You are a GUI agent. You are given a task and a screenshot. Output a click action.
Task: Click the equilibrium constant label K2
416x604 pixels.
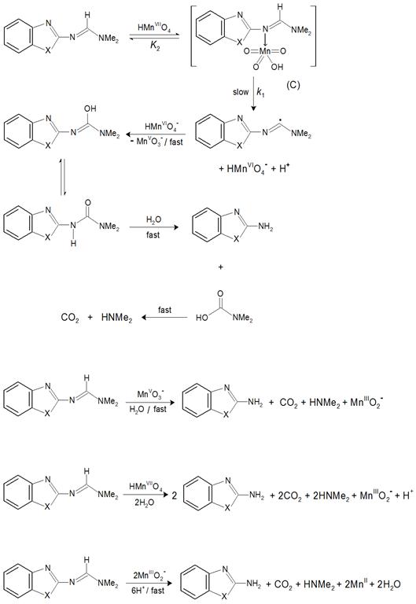tap(155, 47)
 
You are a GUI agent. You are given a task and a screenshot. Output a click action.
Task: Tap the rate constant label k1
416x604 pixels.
tap(260, 93)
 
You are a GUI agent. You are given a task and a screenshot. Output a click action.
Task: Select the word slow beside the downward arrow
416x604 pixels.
tap(241, 92)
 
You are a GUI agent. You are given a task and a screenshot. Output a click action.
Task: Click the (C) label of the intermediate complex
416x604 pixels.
tap(293, 85)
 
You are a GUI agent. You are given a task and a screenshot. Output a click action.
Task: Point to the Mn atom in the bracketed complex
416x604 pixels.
tap(265, 51)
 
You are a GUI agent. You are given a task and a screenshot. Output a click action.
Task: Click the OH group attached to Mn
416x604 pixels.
tap(277, 67)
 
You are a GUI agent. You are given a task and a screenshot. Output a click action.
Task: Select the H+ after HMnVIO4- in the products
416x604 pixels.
tap(284, 168)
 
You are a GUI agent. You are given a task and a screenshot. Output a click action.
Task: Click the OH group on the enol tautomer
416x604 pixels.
tap(90, 109)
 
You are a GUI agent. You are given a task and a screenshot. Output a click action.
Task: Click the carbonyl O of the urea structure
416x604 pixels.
tap(88, 203)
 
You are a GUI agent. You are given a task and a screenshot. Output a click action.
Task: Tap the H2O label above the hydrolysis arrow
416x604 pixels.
tap(153, 220)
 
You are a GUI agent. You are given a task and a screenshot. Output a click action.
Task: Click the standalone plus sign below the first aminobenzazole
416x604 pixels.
tap(220, 267)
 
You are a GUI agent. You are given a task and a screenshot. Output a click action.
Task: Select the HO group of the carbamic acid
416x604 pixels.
tap(201, 318)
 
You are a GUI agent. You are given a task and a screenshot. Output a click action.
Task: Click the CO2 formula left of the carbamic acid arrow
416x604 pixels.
tap(70, 318)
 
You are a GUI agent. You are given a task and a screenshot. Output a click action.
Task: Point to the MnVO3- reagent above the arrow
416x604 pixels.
tap(150, 394)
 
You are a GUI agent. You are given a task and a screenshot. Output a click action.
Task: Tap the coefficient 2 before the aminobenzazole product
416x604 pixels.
tap(174, 495)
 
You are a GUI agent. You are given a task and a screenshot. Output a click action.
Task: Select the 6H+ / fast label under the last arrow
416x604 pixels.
tap(148, 590)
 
